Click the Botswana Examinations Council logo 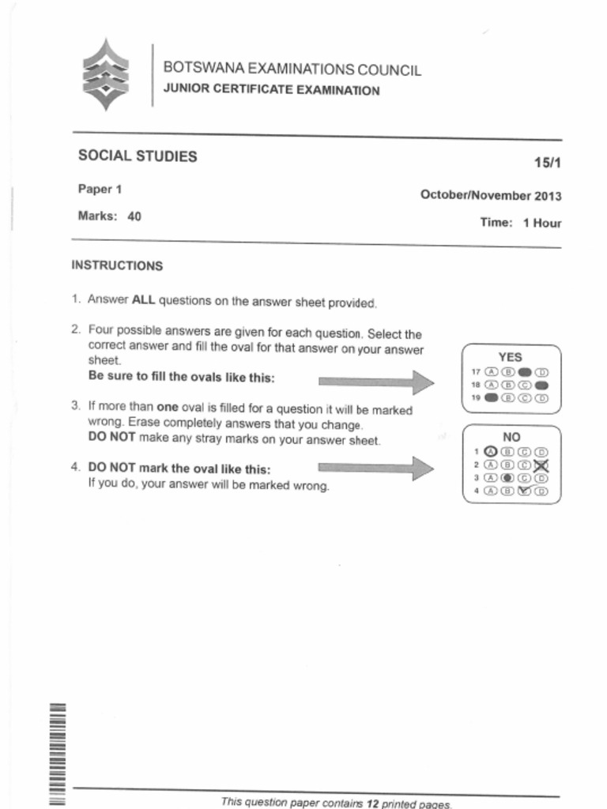(x=106, y=75)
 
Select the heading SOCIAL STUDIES (x=138, y=156)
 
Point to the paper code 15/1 (x=547, y=163)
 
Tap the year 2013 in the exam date (x=549, y=196)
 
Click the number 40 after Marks (x=134, y=215)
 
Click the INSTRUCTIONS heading (x=117, y=265)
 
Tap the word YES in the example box (x=510, y=357)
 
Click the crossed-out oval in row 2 (x=541, y=465)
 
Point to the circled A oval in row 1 (x=490, y=451)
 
